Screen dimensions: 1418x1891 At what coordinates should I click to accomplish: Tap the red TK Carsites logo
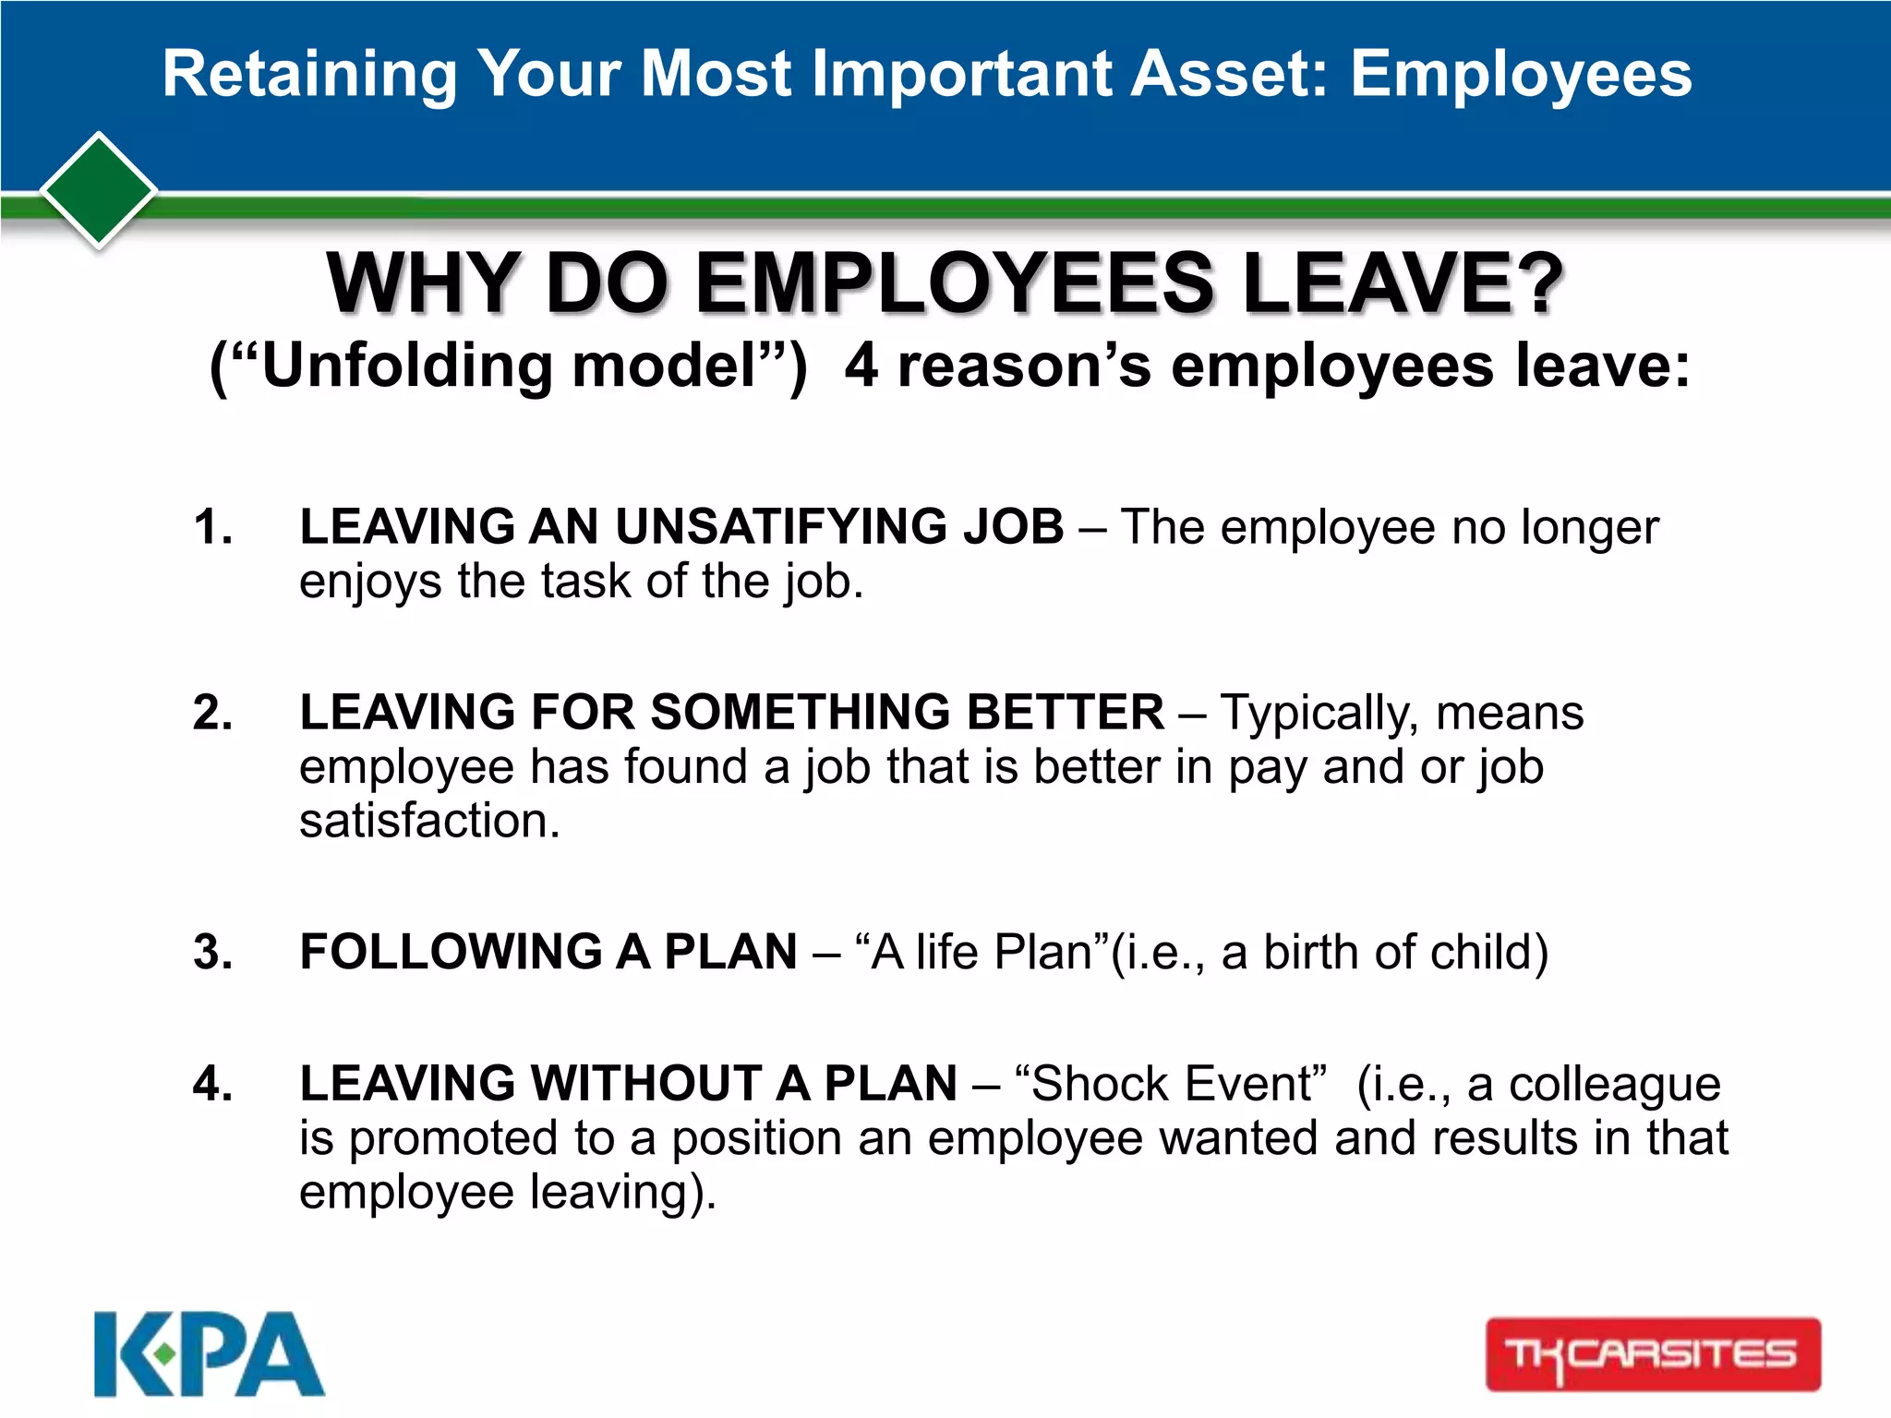1652,1354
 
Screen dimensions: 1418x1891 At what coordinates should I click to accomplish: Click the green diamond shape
99,190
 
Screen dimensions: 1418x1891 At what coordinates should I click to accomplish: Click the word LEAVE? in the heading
1403,283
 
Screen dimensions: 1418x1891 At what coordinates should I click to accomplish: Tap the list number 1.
212,528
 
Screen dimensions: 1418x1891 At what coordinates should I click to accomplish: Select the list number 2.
212,714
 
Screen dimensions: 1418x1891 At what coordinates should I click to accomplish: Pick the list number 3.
212,953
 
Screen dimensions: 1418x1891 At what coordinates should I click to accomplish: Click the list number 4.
212,1084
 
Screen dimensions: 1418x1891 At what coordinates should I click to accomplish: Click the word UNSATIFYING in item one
781,527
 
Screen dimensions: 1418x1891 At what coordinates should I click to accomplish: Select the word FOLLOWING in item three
451,952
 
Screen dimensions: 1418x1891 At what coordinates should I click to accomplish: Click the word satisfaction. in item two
429,821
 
